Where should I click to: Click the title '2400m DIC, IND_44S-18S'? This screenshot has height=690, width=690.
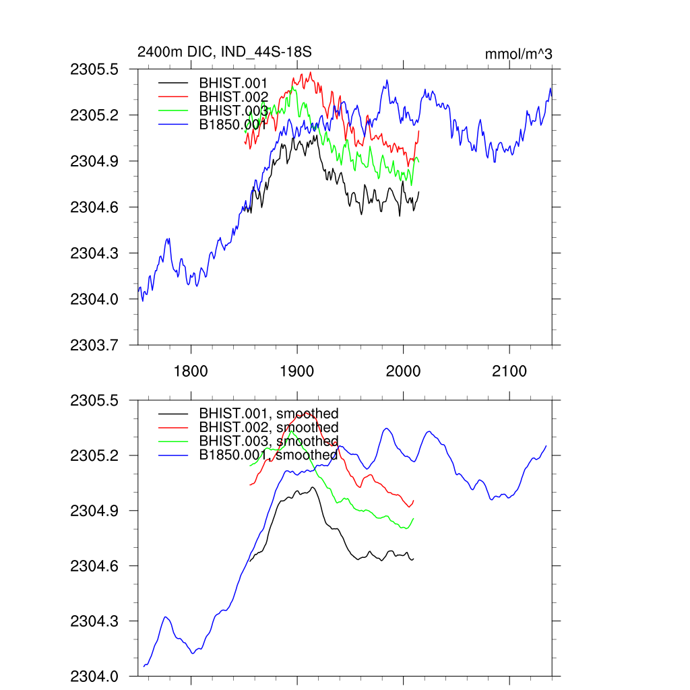coord(224,52)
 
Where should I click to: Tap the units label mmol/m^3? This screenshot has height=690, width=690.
coord(518,54)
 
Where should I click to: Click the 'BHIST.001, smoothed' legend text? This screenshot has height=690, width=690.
coord(268,413)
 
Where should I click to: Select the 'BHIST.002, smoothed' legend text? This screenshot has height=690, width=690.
coord(268,427)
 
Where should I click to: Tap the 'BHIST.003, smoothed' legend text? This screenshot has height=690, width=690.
coord(268,441)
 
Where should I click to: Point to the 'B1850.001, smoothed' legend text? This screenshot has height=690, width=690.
coord(268,455)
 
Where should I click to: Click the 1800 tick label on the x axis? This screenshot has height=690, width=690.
coord(191,371)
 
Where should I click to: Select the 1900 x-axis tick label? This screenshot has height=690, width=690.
coord(297,371)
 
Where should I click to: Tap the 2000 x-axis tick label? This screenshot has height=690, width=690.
coord(403,371)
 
